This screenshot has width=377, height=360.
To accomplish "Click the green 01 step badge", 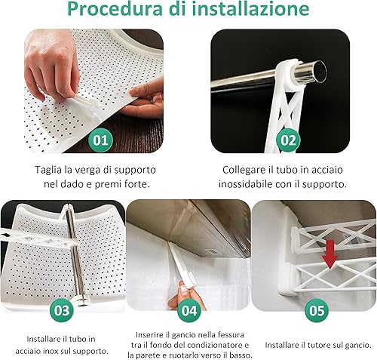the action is (x=100, y=140).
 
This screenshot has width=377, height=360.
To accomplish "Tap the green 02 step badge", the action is (x=288, y=140).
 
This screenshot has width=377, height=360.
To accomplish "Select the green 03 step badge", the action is (x=62, y=310).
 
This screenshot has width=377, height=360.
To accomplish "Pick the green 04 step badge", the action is (x=189, y=310).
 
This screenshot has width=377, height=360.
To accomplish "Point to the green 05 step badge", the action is (x=317, y=310).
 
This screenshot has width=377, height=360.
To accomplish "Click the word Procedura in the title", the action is (x=115, y=9).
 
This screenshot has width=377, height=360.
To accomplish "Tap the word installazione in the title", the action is (x=250, y=9).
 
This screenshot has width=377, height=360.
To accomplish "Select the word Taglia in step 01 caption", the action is (x=48, y=171).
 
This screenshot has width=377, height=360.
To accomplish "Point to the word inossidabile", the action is (x=246, y=184).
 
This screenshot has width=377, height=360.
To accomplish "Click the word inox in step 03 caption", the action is (x=48, y=351).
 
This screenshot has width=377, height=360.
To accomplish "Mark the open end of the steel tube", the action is (x=319, y=71).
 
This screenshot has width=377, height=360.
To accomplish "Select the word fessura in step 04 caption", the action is (x=231, y=335).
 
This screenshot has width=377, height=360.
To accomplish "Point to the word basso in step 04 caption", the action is (x=241, y=355).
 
